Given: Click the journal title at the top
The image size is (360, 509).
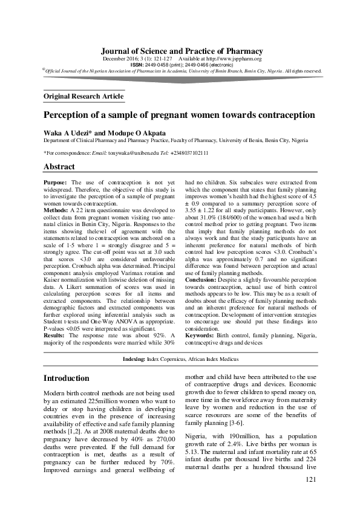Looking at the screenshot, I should click(x=182, y=51).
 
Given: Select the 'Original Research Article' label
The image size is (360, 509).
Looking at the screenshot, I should click(x=84, y=96).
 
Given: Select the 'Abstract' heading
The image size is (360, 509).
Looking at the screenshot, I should click(x=59, y=167).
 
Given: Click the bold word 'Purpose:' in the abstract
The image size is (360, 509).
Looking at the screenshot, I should click(x=56, y=182).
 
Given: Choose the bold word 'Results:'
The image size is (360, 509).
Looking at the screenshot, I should click(x=56, y=334).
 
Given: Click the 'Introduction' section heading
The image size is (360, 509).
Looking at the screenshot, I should click(x=67, y=378).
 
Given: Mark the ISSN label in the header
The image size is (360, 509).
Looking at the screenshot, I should click(x=137, y=65).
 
